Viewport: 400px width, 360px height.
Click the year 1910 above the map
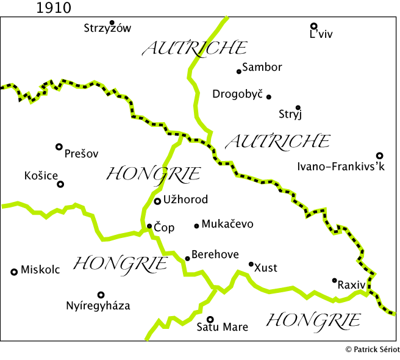pos(54,8)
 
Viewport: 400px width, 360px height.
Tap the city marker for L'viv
pos(313,26)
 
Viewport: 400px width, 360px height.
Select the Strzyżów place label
pos(107,28)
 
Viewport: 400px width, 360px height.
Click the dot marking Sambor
pos(239,71)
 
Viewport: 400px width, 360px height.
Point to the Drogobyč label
pos(237,94)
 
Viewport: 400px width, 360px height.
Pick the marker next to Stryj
pos(298,107)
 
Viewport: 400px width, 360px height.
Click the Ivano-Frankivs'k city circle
pos(379,156)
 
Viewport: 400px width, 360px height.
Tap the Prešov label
pos(81,154)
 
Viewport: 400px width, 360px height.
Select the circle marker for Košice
pos(60,184)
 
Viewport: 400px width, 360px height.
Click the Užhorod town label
pos(185,200)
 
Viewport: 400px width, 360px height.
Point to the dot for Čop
pos(149,226)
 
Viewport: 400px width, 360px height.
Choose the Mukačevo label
pos(227,224)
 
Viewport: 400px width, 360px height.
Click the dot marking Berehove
pos(187,258)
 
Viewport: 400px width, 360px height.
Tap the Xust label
pos(265,267)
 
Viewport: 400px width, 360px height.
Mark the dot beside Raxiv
pos(334,280)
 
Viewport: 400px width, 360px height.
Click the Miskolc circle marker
pos(14,272)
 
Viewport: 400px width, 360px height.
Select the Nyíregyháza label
pos(98,306)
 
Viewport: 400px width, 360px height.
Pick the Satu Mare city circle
pos(210,319)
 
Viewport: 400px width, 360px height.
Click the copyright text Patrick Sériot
pos(372,349)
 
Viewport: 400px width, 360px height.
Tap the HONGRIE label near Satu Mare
pos(313,320)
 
